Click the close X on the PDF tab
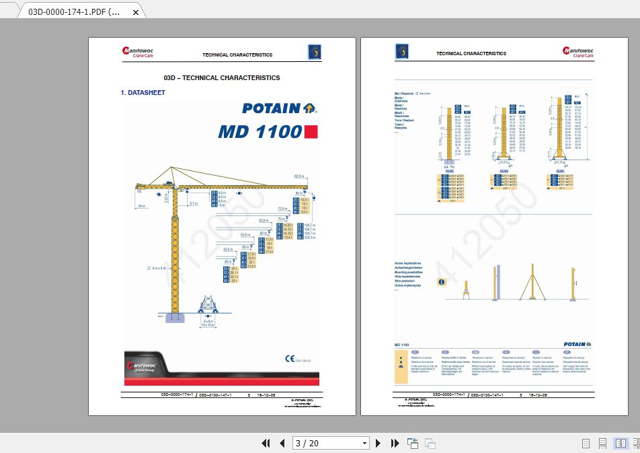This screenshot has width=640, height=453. pos(136,11)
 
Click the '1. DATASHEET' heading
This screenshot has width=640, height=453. pos(142,92)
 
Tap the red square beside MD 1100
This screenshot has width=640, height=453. pos(311,131)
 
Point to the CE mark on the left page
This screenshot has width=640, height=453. pos(289,359)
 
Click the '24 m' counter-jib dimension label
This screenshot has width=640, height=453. pos(141,205)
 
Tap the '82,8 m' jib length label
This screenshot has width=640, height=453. pos(299,176)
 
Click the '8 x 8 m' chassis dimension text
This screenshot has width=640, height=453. pos(208,321)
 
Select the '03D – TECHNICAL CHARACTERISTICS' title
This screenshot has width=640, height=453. pos(221,77)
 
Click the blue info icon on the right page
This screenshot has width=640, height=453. pos(442,283)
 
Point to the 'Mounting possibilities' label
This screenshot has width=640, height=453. pos(408,272)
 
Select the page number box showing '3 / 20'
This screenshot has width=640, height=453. pos(331,443)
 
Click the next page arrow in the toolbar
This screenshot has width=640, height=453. pos(378,443)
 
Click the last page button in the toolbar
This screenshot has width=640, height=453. pos(395,443)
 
